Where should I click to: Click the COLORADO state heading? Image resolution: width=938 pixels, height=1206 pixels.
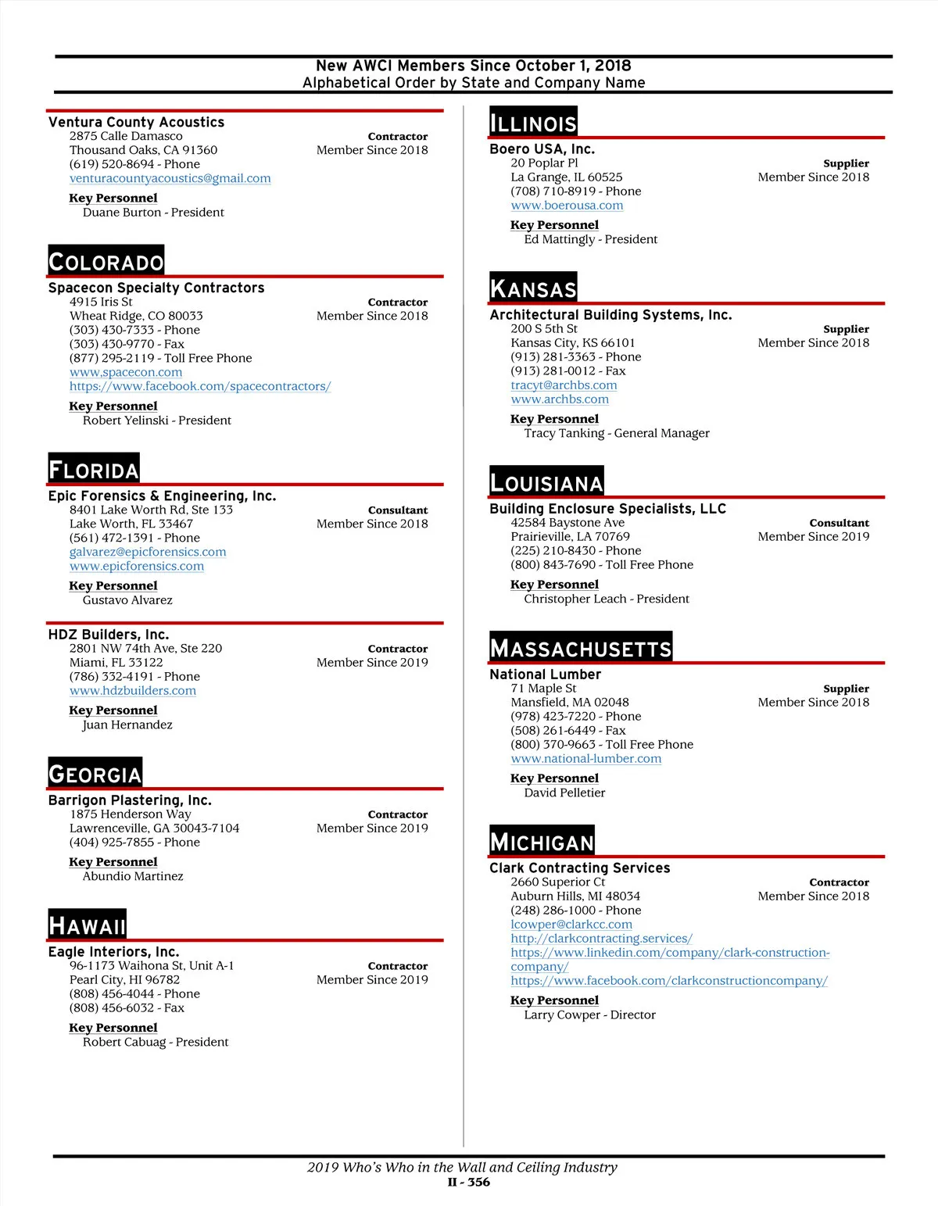coord(106,262)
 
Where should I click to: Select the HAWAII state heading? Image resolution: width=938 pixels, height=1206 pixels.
coord(87,926)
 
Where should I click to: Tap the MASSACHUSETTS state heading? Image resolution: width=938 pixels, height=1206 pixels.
coord(580,649)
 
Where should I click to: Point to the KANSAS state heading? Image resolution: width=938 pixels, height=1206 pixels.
coord(533,289)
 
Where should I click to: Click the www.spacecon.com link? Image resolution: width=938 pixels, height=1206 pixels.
coord(126,372)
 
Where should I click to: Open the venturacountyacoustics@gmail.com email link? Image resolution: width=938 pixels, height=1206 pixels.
coord(170,178)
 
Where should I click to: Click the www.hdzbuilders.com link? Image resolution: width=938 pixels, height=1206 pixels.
coord(133,691)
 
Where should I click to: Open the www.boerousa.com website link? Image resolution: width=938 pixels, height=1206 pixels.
coord(567,206)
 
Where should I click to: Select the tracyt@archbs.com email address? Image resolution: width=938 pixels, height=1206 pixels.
coord(564,385)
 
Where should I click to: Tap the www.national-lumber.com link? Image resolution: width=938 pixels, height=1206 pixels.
coord(585,759)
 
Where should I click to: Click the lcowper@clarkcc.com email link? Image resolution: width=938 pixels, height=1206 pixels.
coord(571,925)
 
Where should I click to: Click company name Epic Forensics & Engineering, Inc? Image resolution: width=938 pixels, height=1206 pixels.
coord(162,496)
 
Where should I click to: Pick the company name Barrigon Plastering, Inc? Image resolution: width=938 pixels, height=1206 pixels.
coord(130,800)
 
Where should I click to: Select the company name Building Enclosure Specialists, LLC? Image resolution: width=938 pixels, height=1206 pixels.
coord(607,509)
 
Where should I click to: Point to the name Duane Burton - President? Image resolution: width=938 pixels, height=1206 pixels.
coord(153,213)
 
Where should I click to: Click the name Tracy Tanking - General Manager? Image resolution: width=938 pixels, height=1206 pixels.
coord(617,433)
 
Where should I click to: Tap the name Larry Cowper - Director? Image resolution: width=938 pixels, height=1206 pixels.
coord(589,1015)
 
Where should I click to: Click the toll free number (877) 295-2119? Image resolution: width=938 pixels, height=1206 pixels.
coord(160,358)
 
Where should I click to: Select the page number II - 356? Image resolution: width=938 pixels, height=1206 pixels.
coord(469,1182)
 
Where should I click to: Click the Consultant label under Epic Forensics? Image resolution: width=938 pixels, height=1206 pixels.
coord(398,510)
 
